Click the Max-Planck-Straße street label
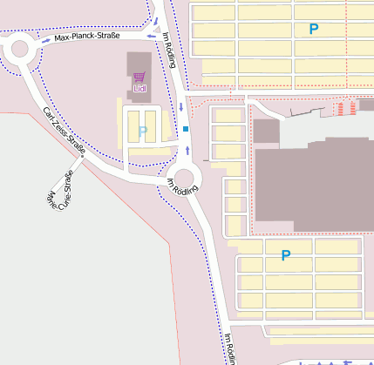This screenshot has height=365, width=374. (x=86, y=37)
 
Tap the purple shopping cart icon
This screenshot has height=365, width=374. (x=139, y=77)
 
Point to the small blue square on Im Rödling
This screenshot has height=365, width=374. (x=186, y=130)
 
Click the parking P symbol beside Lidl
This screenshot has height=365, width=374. (x=143, y=132)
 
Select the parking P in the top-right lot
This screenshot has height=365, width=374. (x=314, y=29)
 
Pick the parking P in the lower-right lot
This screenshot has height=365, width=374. (x=284, y=255)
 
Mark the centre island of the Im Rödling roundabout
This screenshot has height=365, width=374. (x=185, y=178)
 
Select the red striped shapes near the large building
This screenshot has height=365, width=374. (x=345, y=108)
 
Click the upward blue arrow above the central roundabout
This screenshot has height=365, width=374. (x=187, y=150)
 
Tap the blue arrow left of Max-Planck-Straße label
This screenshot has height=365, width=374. (x=46, y=40)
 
